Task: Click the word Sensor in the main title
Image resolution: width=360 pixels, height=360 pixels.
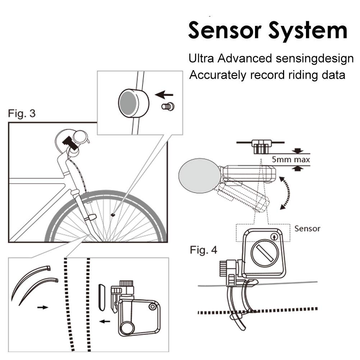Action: tap(225, 30)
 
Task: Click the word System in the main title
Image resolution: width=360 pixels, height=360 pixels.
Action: tap(308, 32)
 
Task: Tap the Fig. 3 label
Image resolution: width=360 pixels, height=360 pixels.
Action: tap(22, 113)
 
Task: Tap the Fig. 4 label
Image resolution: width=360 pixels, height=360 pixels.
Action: tap(204, 250)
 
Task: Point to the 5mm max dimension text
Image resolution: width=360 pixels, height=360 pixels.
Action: tap(291, 159)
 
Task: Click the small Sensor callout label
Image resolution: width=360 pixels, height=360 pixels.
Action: tap(307, 228)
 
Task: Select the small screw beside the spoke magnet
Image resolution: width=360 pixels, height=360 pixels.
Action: tap(168, 106)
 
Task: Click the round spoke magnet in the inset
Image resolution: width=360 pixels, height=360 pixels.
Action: tap(134, 103)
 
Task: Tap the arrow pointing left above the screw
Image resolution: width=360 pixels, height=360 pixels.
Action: tap(164, 94)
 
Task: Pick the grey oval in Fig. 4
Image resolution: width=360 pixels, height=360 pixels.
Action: tap(200, 176)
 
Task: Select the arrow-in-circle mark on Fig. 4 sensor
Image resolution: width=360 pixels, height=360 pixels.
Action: tap(274, 237)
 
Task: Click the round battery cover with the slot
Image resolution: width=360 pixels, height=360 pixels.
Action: tap(265, 253)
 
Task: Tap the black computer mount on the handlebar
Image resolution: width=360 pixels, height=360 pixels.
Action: tap(69, 143)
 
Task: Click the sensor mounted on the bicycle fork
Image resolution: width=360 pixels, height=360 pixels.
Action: tap(91, 217)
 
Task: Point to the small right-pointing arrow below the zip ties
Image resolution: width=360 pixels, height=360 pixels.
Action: tap(43, 307)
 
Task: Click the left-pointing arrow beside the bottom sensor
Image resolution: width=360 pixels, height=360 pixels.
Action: tap(105, 321)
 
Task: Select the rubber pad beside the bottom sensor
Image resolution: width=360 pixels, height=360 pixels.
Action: tap(102, 297)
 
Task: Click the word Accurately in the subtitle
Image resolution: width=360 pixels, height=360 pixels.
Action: tap(218, 75)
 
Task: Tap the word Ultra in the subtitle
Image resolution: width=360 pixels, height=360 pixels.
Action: tap(201, 58)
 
